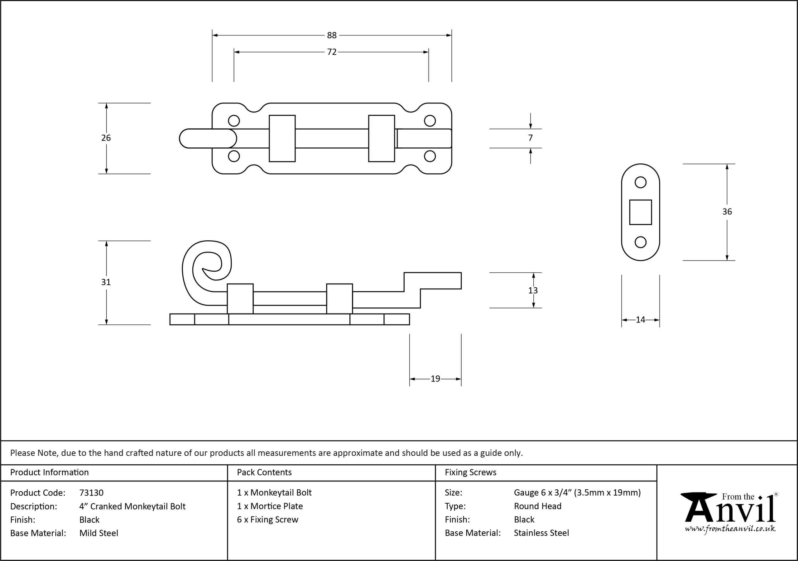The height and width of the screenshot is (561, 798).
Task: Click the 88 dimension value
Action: [332, 35]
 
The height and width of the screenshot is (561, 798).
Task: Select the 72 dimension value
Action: [332, 52]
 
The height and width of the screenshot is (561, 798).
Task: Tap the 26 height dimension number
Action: [106, 138]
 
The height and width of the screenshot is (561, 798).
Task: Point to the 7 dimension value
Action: [530, 138]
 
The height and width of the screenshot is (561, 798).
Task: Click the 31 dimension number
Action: [106, 282]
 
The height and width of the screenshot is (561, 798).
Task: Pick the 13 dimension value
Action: [533, 290]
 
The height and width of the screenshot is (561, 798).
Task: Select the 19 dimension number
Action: [435, 378]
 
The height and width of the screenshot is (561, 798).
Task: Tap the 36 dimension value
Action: [727, 212]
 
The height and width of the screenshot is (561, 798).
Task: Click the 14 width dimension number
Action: [640, 319]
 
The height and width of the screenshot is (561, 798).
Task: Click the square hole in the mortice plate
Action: [641, 212]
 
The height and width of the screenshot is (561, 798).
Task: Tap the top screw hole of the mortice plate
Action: [641, 182]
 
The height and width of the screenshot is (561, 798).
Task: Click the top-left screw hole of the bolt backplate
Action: [234, 121]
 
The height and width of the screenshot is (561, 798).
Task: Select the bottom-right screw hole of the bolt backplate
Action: [430, 156]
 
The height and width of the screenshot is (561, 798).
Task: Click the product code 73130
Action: [91, 492]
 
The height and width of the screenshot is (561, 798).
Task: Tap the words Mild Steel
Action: [99, 533]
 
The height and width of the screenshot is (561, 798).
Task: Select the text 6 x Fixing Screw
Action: [268, 519]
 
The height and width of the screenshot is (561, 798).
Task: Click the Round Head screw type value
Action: [538, 506]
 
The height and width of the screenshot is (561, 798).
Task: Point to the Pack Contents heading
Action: [264, 472]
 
